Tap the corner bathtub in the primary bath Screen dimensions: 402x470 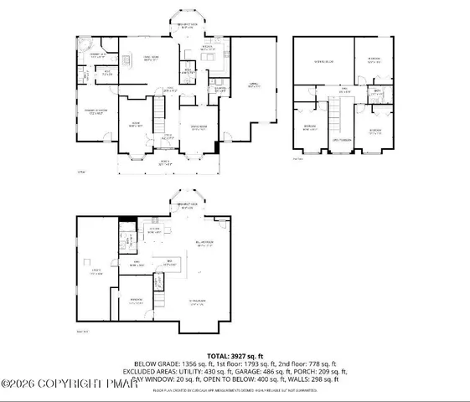(83, 44)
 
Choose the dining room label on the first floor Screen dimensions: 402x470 (199, 127)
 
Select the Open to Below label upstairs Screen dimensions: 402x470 (340, 138)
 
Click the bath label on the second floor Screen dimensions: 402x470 (378, 91)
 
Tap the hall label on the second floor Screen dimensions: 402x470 (343, 89)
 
